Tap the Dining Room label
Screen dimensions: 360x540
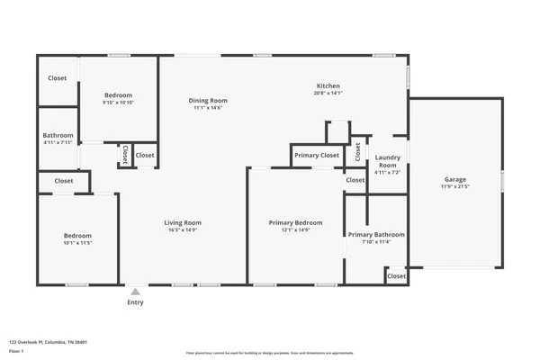tap(208, 100)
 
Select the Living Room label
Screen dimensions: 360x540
tap(182, 222)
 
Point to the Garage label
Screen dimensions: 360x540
tap(454, 179)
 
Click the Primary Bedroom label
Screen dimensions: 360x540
tap(295, 222)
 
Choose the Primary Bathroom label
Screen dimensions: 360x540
tap(376, 235)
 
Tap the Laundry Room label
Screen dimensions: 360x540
tap(387, 162)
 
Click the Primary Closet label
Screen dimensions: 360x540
tap(317, 155)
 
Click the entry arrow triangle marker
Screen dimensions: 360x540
tap(135, 292)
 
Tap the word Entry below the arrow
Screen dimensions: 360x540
tap(135, 302)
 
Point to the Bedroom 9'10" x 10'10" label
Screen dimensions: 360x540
tap(118, 95)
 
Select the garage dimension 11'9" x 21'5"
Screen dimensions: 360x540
tap(454, 187)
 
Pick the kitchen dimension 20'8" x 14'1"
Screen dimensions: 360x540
tap(328, 93)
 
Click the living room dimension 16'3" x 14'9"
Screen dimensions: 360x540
tap(182, 230)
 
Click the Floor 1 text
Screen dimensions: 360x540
tap(16, 350)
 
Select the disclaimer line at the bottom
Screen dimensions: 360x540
tap(269, 353)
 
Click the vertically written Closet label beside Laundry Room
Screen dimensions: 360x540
tap(357, 152)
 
